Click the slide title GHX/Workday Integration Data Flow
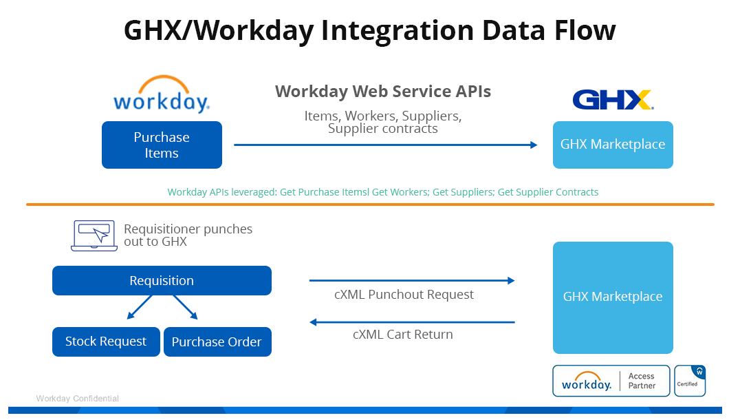click(369, 31)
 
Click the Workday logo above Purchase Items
click(161, 94)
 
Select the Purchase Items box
click(162, 145)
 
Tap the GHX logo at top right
click(612, 100)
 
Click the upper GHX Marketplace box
click(613, 145)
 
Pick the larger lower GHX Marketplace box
click(613, 297)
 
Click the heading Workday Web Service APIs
click(383, 92)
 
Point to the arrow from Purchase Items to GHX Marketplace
click(385, 145)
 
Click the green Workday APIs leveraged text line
click(383, 192)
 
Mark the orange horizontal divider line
click(370, 204)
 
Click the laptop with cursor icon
click(90, 235)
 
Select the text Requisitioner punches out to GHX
click(188, 235)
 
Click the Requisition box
click(162, 281)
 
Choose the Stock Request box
click(106, 342)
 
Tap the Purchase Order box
click(217, 342)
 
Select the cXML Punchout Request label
click(404, 295)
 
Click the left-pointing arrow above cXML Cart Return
click(412, 322)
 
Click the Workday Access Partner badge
click(611, 381)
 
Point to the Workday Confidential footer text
click(77, 399)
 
